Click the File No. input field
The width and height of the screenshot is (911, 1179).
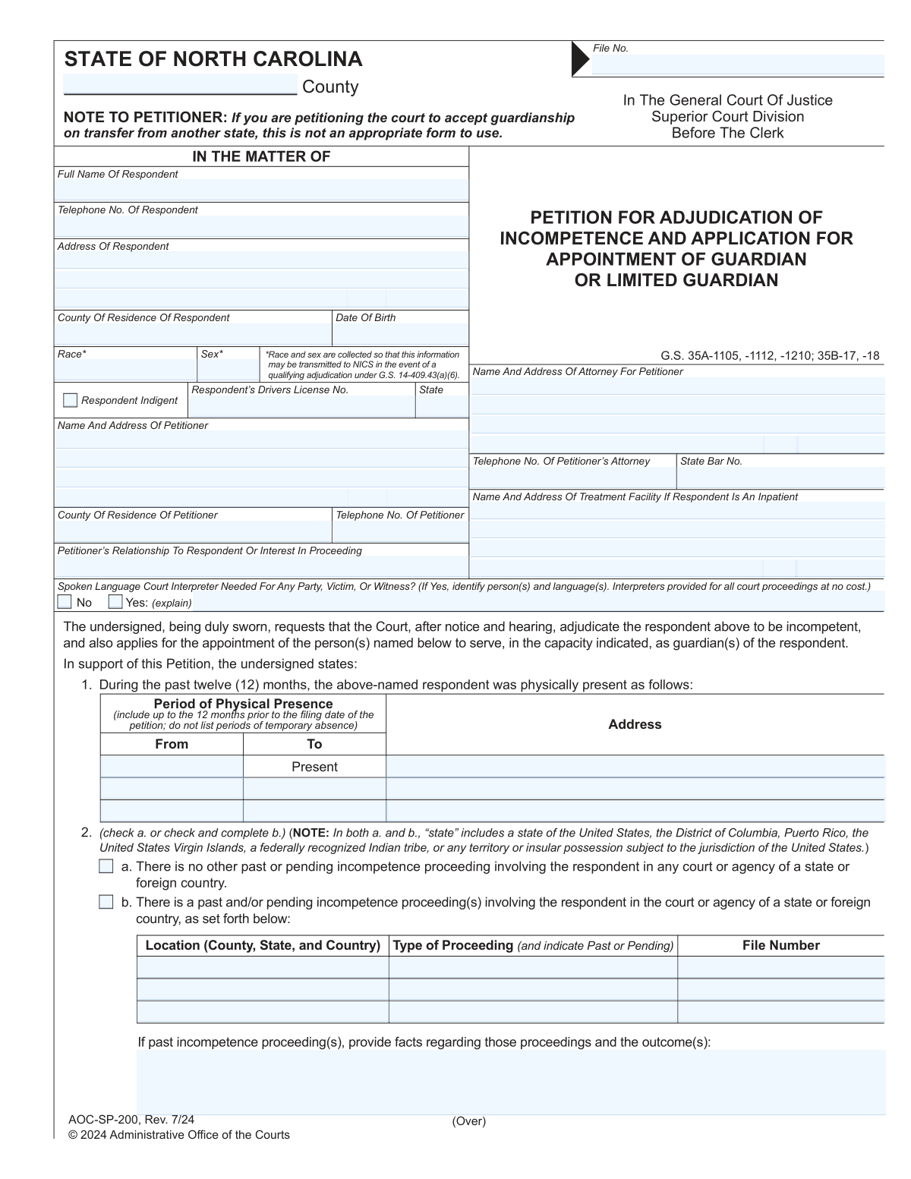point(737,65)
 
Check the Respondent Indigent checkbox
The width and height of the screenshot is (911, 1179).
point(71,400)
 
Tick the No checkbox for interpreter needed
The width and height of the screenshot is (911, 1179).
point(65,602)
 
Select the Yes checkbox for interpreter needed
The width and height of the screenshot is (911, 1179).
point(115,602)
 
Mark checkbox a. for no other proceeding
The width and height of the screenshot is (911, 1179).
point(106,866)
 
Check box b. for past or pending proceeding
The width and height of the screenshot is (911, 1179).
point(106,902)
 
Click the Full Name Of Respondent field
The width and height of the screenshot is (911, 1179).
point(261,190)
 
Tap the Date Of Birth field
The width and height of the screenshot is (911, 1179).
point(400,335)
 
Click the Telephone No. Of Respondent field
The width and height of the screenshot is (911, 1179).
point(261,226)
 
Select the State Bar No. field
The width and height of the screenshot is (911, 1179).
point(780,478)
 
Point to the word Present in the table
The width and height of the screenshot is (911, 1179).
point(314,767)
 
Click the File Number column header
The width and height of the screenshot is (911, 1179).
point(780,945)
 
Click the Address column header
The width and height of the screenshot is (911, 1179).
point(635,724)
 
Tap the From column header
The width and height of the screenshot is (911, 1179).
point(172,744)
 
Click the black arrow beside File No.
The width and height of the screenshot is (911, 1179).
point(580,59)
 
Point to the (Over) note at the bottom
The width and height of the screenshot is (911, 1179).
point(468,1121)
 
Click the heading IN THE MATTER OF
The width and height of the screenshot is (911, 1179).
point(261,156)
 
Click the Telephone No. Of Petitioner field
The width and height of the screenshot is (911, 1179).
point(400,531)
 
